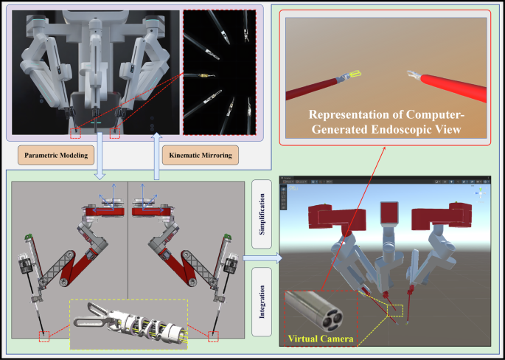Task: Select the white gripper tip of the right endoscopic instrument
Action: tap(412, 74)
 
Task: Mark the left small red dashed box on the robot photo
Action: tap(76, 134)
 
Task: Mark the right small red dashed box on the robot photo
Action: tap(115, 134)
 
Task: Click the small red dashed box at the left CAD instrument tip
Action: tap(46, 337)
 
